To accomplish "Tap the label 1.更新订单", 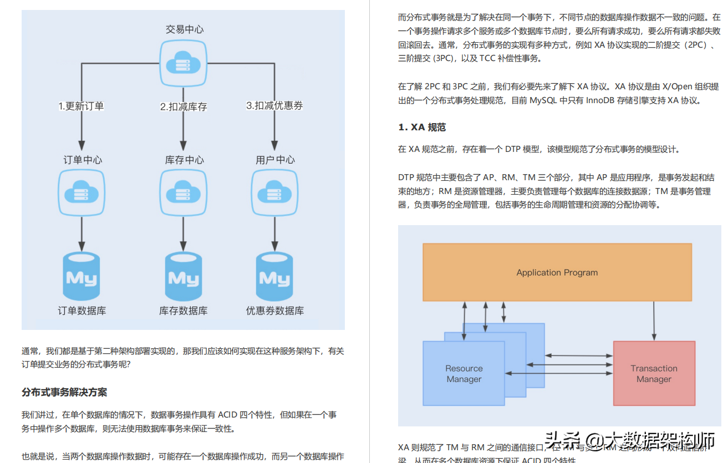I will point(82,106).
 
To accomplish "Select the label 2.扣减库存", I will point(184,106).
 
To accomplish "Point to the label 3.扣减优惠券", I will point(274,105).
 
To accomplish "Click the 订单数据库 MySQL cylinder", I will point(82,276).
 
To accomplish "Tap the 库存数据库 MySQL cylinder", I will point(184,276).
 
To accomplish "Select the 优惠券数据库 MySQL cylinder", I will point(274,276).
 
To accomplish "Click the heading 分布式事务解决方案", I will point(64,393).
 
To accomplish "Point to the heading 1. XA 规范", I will point(422,128).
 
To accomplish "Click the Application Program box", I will point(557,272).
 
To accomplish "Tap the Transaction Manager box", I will point(654,373).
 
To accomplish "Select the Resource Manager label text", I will point(464,374).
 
